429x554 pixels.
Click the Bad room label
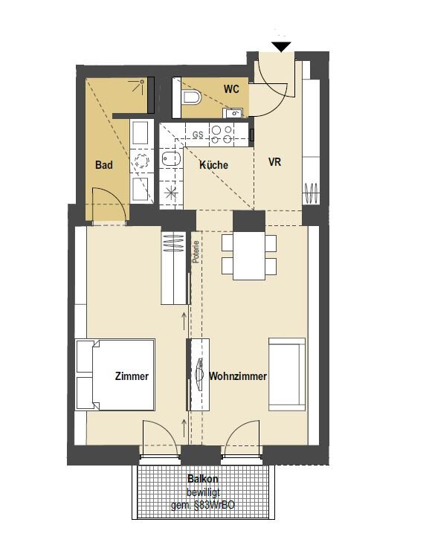coord(104,164)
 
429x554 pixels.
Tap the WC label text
coord(231,89)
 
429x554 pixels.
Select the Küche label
coord(213,164)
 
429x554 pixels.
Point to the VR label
coord(274,162)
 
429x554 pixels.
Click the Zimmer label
coord(132,376)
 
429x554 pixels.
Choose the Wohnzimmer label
coord(238,376)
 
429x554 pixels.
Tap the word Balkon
coord(203,479)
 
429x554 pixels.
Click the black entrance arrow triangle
coord(281,46)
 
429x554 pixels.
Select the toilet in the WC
coord(193,97)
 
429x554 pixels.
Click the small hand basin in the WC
coord(233,113)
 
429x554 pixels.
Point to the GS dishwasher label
coord(198,135)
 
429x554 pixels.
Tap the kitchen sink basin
coord(171,159)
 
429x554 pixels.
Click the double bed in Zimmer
coord(114,375)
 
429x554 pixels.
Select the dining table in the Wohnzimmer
coord(249,256)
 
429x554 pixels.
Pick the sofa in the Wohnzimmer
coord(287,375)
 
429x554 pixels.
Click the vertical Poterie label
coord(196,251)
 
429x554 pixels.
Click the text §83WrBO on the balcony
coord(214,505)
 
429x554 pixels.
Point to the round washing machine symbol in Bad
coord(142,161)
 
